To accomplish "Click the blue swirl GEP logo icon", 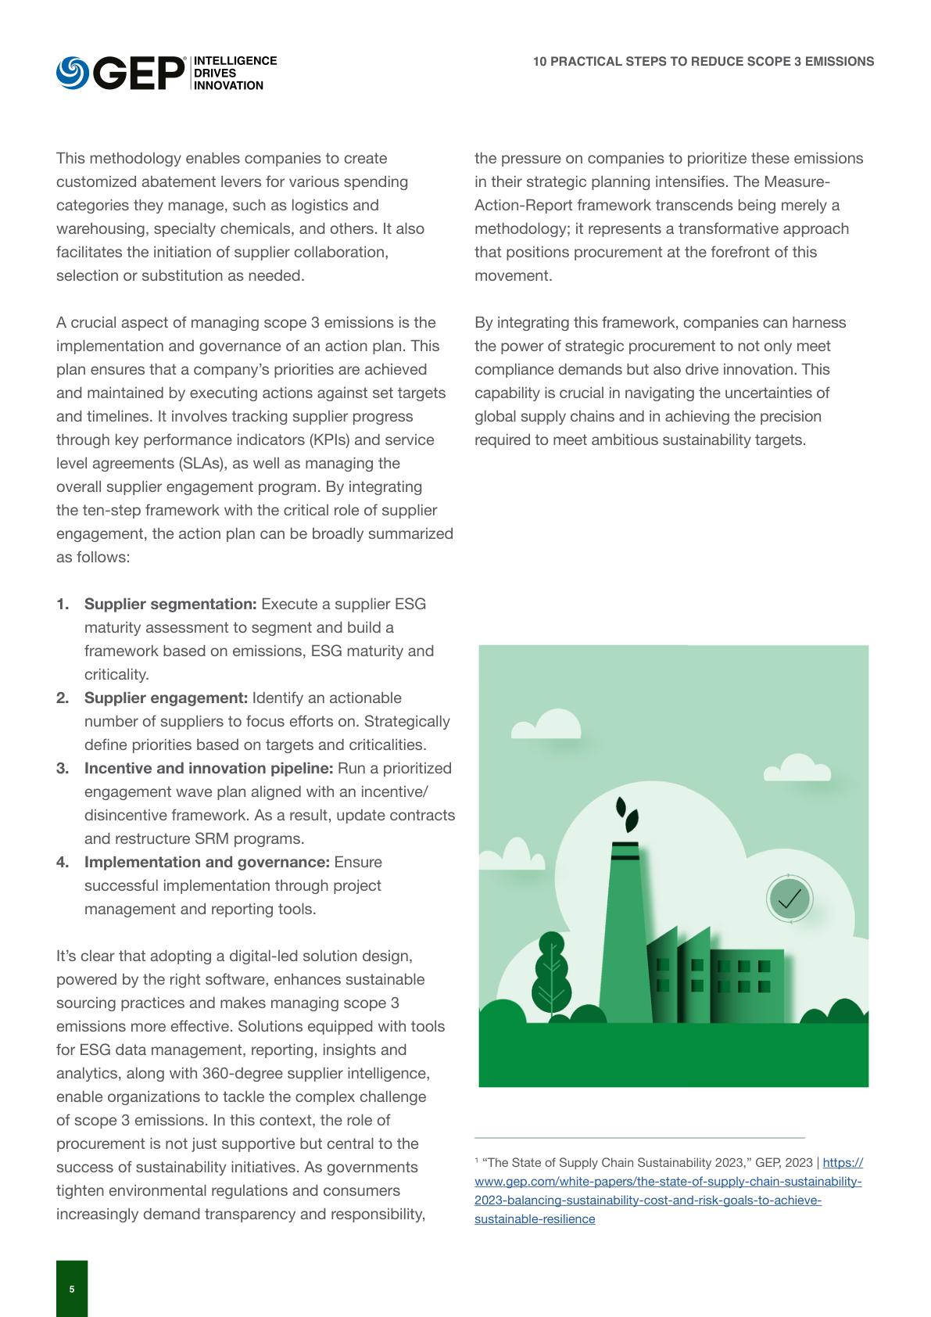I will pos(72,73).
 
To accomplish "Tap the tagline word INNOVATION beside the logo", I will pos(228,86).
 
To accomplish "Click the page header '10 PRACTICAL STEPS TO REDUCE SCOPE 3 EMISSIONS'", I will pos(704,62).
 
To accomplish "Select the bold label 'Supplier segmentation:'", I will pos(170,605).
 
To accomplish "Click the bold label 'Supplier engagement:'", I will pos(166,698).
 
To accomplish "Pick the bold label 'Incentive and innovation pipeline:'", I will pos(209,769).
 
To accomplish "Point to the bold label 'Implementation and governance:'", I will pos(206,863).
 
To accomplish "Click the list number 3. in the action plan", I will pos(63,769).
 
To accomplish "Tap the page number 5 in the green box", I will pos(72,1290).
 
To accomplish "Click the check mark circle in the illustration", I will pos(790,899).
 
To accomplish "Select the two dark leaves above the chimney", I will pos(627,815).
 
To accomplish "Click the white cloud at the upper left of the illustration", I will pos(547,725).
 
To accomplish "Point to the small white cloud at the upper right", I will pos(797,769).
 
